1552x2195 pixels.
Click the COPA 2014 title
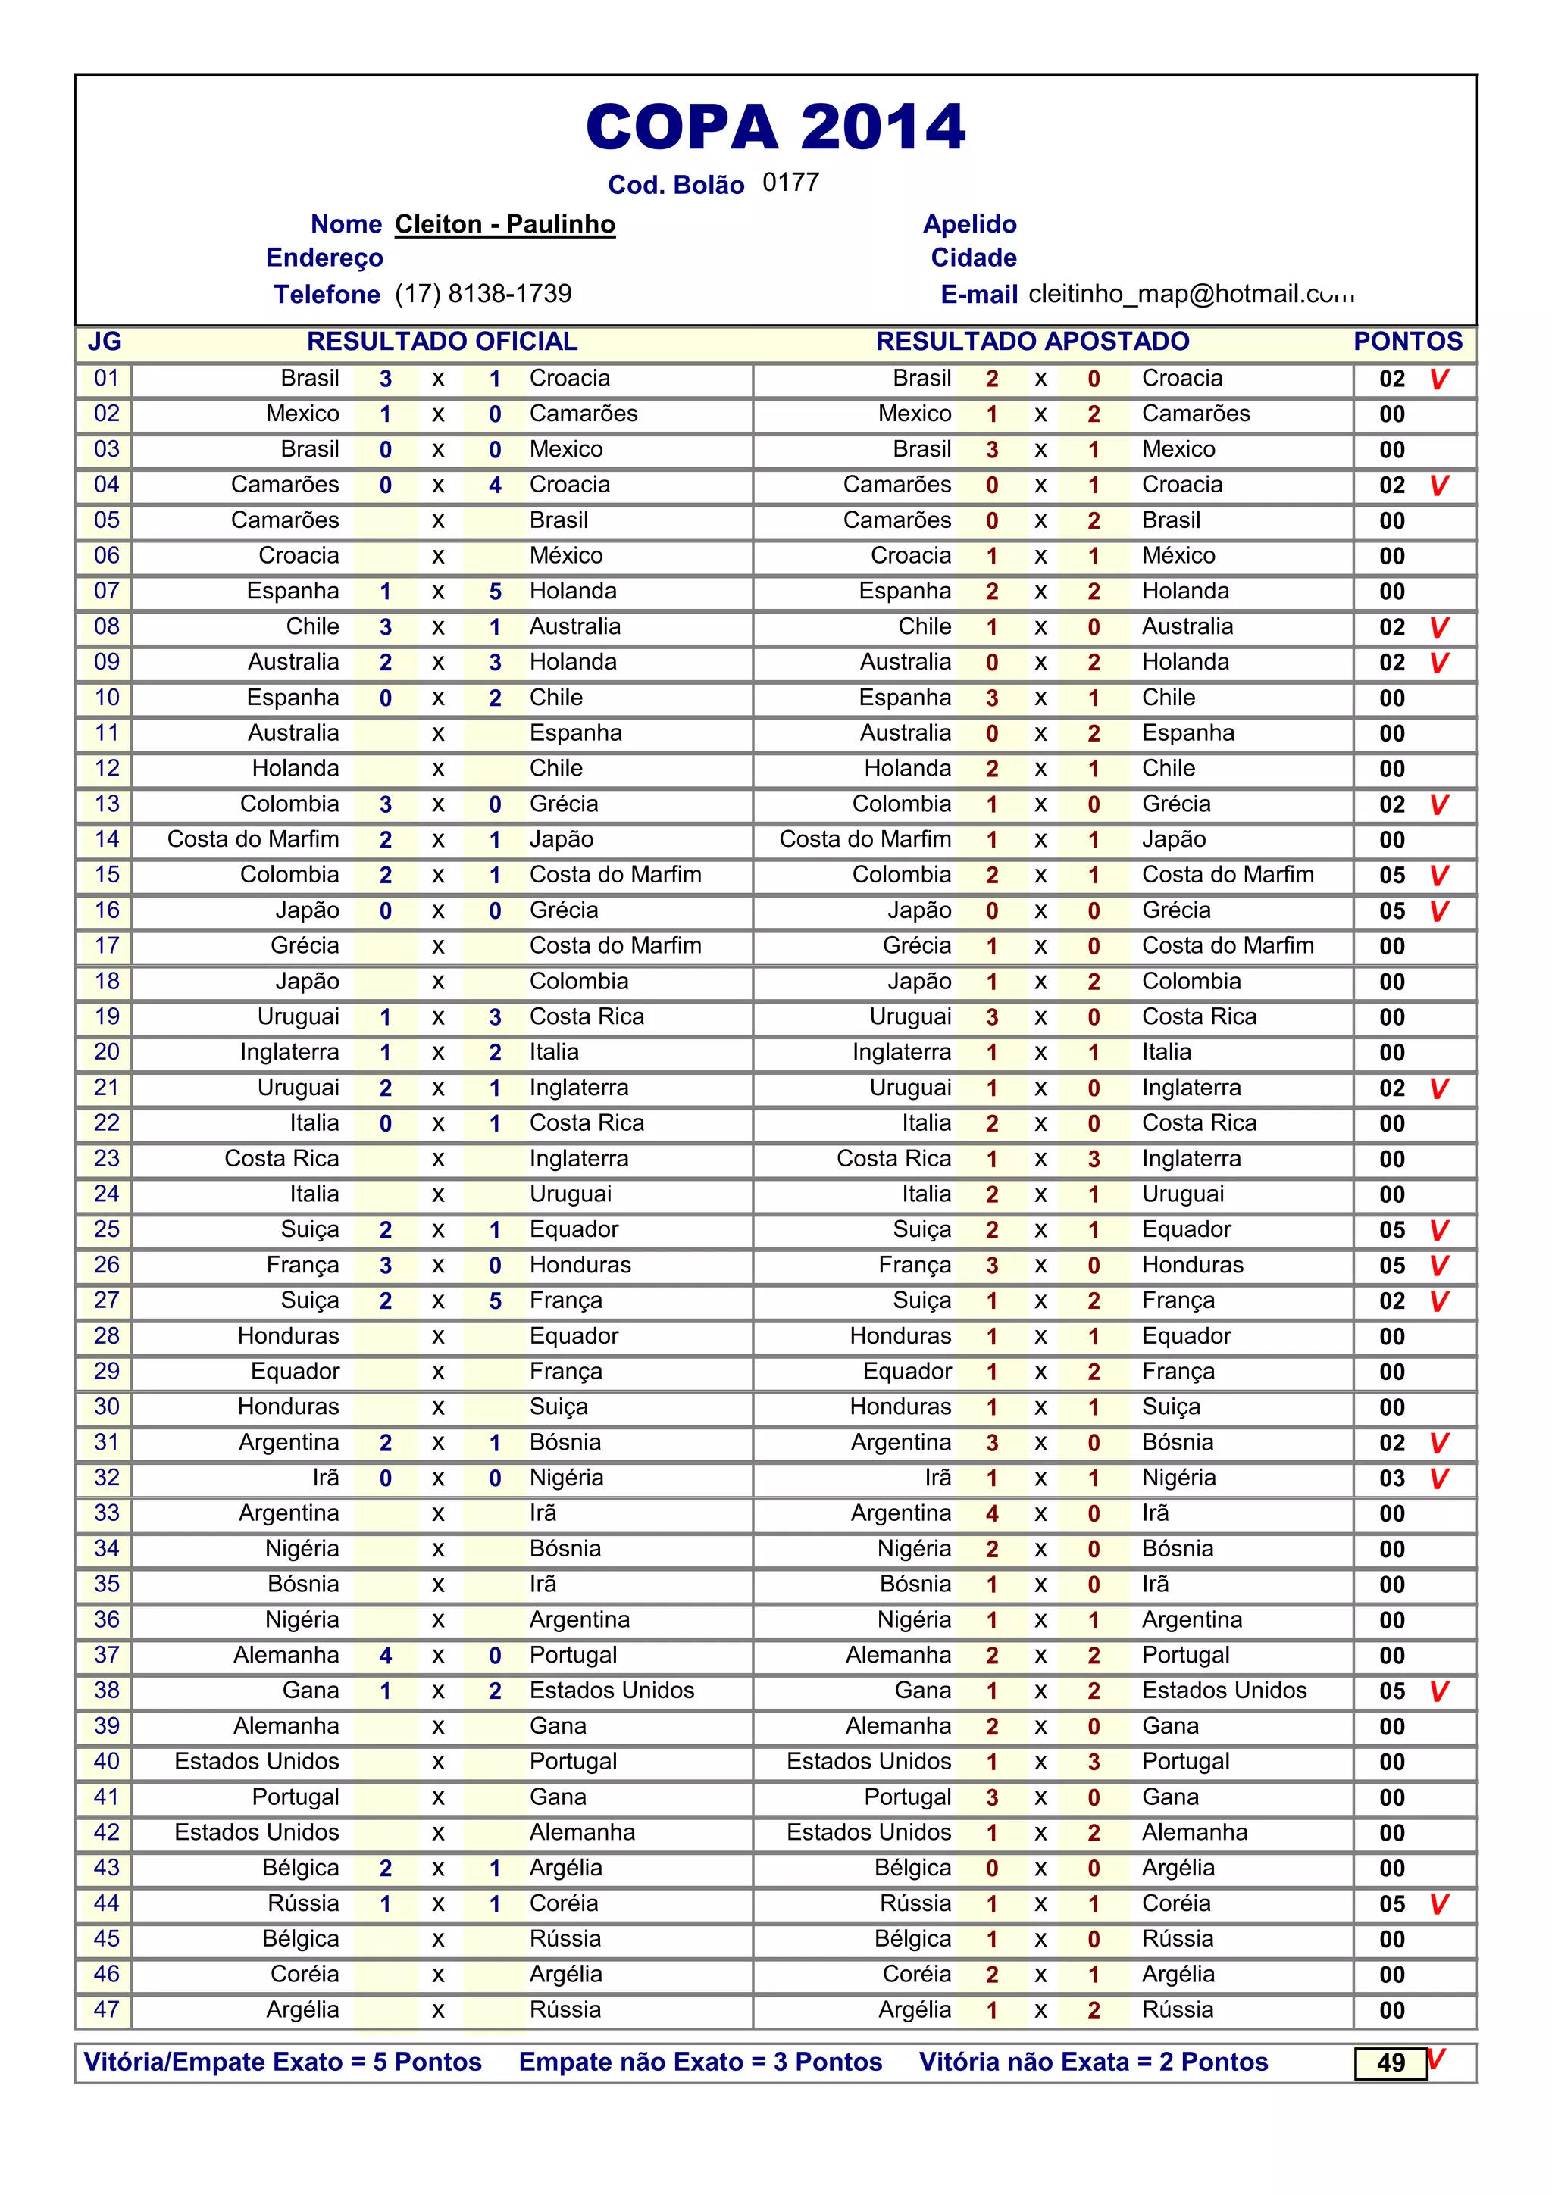(x=775, y=127)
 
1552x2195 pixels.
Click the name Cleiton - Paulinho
(x=505, y=225)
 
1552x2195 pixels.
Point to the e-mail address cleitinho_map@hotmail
(x=1191, y=293)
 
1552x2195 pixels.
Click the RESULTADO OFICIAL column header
(x=442, y=342)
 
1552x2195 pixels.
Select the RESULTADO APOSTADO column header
(x=1032, y=342)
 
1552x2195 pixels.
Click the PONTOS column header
(x=1407, y=342)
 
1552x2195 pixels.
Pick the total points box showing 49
(x=1391, y=2063)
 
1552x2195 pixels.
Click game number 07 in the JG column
(x=106, y=591)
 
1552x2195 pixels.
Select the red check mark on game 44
(x=1439, y=1903)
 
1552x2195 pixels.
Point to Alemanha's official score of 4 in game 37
(x=386, y=1655)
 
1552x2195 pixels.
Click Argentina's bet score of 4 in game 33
(x=992, y=1513)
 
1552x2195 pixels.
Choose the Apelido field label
(x=970, y=225)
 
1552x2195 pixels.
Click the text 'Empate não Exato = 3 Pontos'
(x=700, y=2062)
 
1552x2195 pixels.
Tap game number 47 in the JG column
(x=106, y=2009)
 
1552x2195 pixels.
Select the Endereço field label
(x=324, y=258)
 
